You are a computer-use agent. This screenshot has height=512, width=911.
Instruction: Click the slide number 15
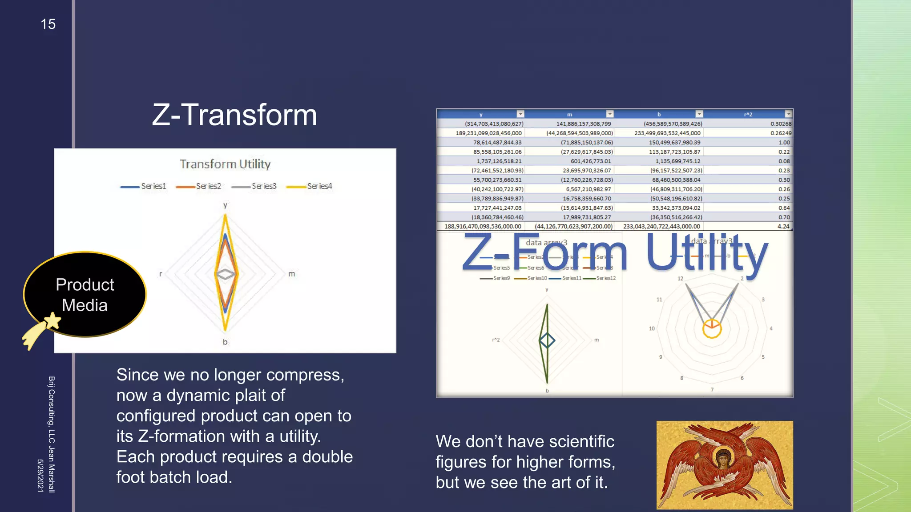pos(48,24)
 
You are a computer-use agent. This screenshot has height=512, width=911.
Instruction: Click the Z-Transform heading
pos(234,115)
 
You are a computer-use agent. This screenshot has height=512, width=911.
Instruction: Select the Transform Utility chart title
pos(225,164)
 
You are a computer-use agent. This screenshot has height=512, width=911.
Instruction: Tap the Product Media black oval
pos(85,294)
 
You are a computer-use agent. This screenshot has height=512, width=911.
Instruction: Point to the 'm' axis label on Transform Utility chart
pos(291,274)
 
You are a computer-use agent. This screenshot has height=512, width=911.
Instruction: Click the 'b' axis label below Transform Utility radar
pos(225,342)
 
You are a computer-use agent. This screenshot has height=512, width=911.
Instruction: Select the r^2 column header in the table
pos(748,114)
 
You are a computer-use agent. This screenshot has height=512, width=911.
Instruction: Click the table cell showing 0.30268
pos(781,124)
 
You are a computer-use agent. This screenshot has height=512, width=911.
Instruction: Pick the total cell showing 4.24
pos(783,226)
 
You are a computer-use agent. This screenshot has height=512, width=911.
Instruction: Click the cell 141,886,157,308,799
pos(584,124)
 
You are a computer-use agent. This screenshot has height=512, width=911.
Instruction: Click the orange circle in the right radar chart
pos(712,328)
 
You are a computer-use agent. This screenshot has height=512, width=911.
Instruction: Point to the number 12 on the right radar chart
pos(680,279)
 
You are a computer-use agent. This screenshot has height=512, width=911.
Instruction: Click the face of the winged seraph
pos(723,457)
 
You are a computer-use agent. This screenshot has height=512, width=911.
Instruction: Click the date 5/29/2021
pos(40,475)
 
